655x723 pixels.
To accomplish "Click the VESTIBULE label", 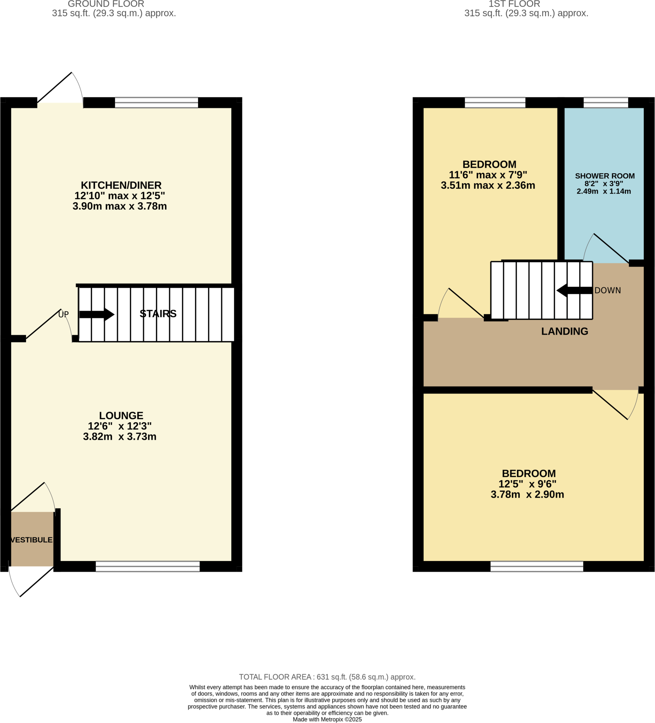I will pyautogui.click(x=31, y=540).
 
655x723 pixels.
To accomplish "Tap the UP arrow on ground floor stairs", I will pyautogui.click(x=96, y=315).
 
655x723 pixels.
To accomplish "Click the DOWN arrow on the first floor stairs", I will pyautogui.click(x=574, y=291).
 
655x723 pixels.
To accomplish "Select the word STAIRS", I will pyautogui.click(x=158, y=314).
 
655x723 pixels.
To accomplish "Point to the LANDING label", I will pyautogui.click(x=564, y=331).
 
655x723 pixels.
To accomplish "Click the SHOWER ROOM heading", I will pyautogui.click(x=605, y=176).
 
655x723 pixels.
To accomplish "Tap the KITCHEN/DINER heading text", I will pyautogui.click(x=121, y=185).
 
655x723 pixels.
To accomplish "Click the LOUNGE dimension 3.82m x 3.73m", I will pyautogui.click(x=119, y=437).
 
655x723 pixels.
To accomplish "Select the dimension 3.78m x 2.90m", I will pyautogui.click(x=527, y=495).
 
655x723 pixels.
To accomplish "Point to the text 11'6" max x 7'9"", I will pyautogui.click(x=488, y=175).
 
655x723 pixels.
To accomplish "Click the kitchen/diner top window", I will pyautogui.click(x=156, y=103).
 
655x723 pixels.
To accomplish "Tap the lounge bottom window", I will pyautogui.click(x=148, y=567).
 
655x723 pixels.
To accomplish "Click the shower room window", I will pyautogui.click(x=606, y=103).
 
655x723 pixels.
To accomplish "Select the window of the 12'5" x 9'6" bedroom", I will pyautogui.click(x=537, y=567).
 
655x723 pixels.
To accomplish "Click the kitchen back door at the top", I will pyautogui.click(x=54, y=88).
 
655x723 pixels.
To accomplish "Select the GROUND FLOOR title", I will pyautogui.click(x=106, y=4).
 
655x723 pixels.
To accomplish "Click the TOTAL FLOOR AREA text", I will pyautogui.click(x=327, y=677).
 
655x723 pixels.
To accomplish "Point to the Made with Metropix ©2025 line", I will pyautogui.click(x=327, y=719).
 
